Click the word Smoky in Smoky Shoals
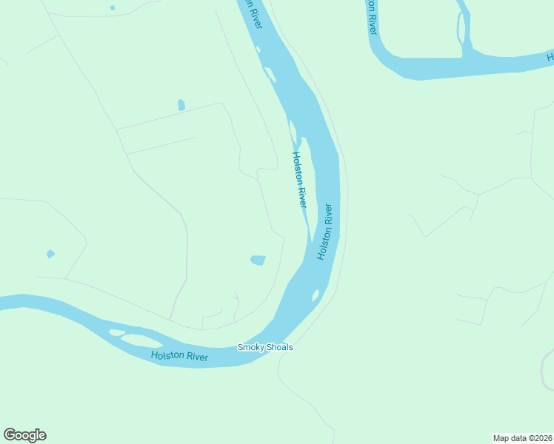pos(250,347)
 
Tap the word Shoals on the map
pos(279,347)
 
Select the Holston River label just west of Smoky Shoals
pos(179,357)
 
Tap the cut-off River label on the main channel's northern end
pos(254,14)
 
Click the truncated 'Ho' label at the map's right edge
pos(550,56)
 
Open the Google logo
pos(24,435)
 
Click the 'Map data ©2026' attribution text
pos(522,437)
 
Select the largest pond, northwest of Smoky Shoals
pos(258,260)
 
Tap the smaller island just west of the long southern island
pos(116,332)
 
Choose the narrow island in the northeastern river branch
pos(462,30)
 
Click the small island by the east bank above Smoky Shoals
pos(316,296)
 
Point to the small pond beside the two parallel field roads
pos(181,105)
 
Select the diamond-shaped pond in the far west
pos(50,254)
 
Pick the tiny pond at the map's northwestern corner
pos(113,7)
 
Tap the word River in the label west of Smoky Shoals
pos(198,358)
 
